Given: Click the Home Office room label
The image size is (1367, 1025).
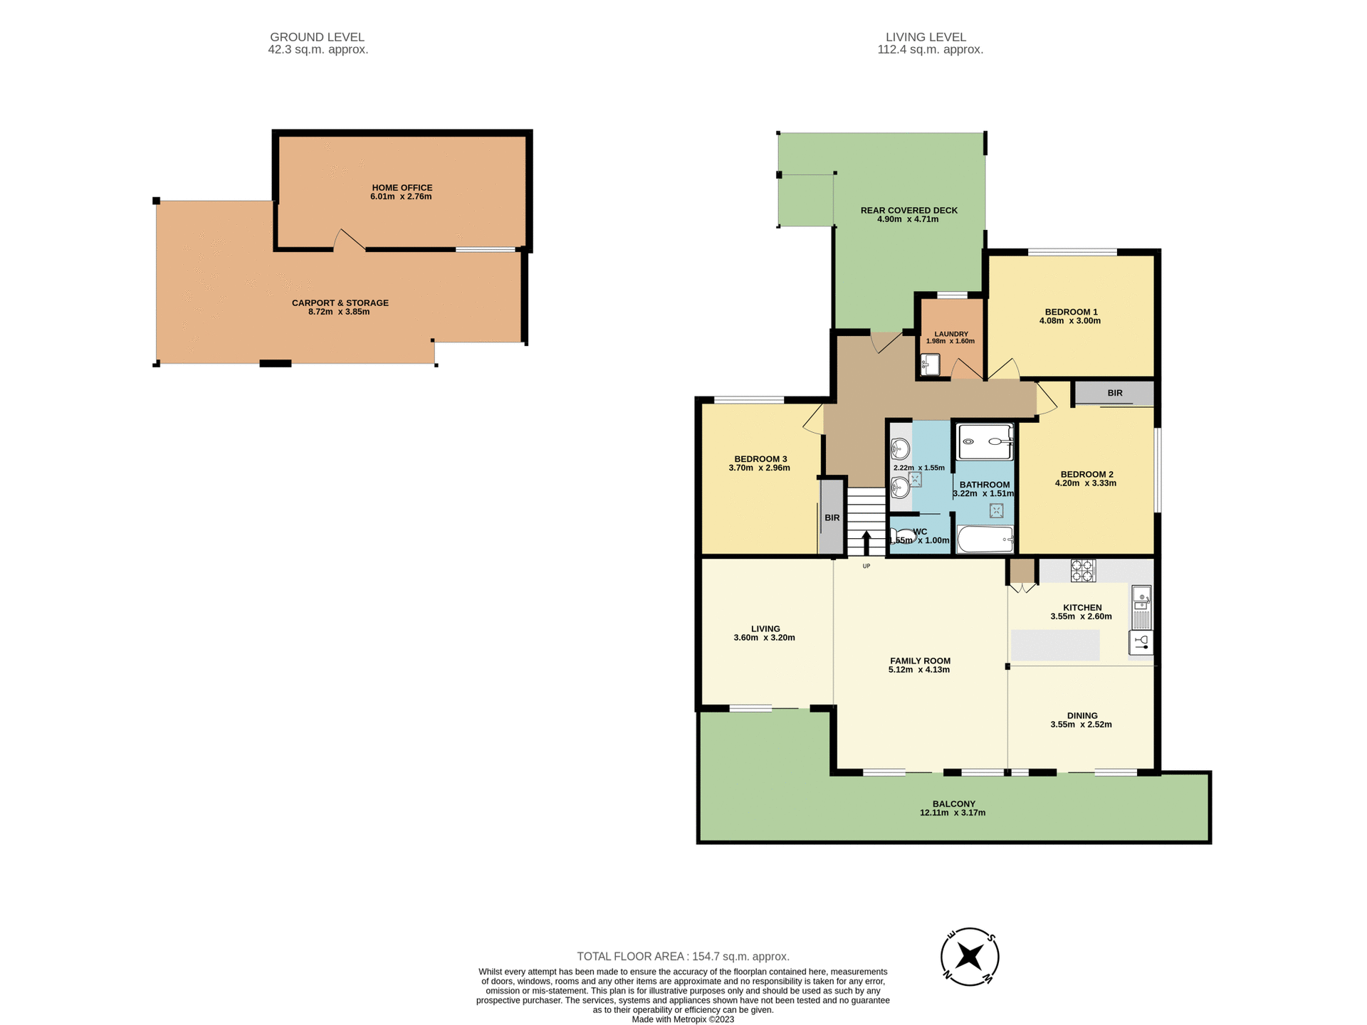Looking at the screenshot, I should click(402, 188).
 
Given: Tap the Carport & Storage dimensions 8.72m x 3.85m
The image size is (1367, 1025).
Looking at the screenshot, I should click(339, 312).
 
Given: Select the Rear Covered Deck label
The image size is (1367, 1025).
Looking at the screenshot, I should click(908, 210).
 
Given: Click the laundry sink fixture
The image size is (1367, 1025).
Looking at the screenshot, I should click(930, 365).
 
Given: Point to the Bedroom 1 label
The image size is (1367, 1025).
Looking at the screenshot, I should click(1071, 312).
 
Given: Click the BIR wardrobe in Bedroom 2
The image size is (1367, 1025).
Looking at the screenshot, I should click(1114, 393).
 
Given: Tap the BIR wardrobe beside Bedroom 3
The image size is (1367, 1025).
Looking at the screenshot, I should click(832, 517).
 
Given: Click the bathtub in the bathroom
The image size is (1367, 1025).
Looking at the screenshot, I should click(985, 540).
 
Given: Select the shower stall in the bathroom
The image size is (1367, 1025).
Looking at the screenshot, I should click(985, 442).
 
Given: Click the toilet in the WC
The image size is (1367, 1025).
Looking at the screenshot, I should click(902, 535).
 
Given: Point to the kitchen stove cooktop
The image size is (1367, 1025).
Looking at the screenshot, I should click(1083, 570).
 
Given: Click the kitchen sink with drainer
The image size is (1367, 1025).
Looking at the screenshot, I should click(1141, 606).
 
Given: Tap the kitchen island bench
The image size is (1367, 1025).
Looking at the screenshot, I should click(1055, 645).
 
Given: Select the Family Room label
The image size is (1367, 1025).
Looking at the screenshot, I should click(920, 661).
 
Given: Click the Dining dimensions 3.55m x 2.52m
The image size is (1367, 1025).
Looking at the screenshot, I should click(1081, 725).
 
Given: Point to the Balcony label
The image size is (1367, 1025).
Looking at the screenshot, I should click(953, 804).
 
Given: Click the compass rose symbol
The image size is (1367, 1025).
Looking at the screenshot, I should click(970, 957).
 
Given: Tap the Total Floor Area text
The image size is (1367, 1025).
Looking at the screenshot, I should click(683, 957).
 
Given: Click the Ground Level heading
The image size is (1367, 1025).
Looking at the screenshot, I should click(317, 37).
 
